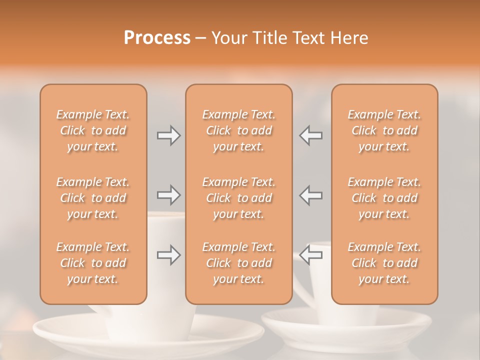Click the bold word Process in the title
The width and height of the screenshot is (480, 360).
tap(157, 38)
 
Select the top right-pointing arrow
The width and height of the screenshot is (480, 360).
tap(168, 135)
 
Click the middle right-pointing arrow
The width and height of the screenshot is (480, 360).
tap(168, 194)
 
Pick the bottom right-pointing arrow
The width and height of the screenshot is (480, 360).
tap(168, 255)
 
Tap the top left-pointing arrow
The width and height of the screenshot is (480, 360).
tap(311, 135)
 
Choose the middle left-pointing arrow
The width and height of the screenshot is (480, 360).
tap(311, 194)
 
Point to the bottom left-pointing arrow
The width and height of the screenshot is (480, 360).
tap(311, 255)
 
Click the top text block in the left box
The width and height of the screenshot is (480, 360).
tap(93, 130)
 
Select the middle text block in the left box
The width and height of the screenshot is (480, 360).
tap(93, 198)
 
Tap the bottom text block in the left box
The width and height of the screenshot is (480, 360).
tap(93, 263)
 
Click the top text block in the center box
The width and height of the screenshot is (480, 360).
tap(238, 130)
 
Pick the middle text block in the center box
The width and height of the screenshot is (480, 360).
tap(238, 198)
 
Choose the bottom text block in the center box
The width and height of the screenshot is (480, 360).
tap(238, 263)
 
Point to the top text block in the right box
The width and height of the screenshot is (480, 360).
tap(384, 130)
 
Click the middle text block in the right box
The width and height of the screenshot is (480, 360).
tap(384, 198)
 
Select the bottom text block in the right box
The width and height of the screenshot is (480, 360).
tap(384, 263)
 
